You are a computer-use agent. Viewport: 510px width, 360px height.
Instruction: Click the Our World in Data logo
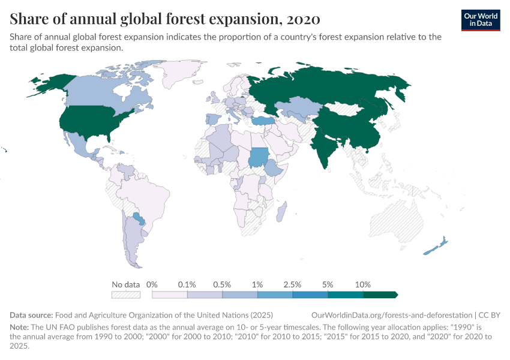480,19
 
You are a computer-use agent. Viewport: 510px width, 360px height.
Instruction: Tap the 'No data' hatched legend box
125,295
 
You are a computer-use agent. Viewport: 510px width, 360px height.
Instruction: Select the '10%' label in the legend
363,284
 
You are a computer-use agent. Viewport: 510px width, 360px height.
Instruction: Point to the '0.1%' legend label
187,284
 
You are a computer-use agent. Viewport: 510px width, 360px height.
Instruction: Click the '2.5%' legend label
292,284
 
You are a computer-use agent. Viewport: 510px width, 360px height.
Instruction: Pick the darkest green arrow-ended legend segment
380,295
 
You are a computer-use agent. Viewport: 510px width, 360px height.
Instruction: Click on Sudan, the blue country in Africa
260,157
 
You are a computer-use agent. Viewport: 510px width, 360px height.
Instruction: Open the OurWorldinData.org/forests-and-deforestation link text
392,315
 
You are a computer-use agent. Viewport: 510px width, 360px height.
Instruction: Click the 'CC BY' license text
489,315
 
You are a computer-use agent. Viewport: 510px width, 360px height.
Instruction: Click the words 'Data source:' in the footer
31,315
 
